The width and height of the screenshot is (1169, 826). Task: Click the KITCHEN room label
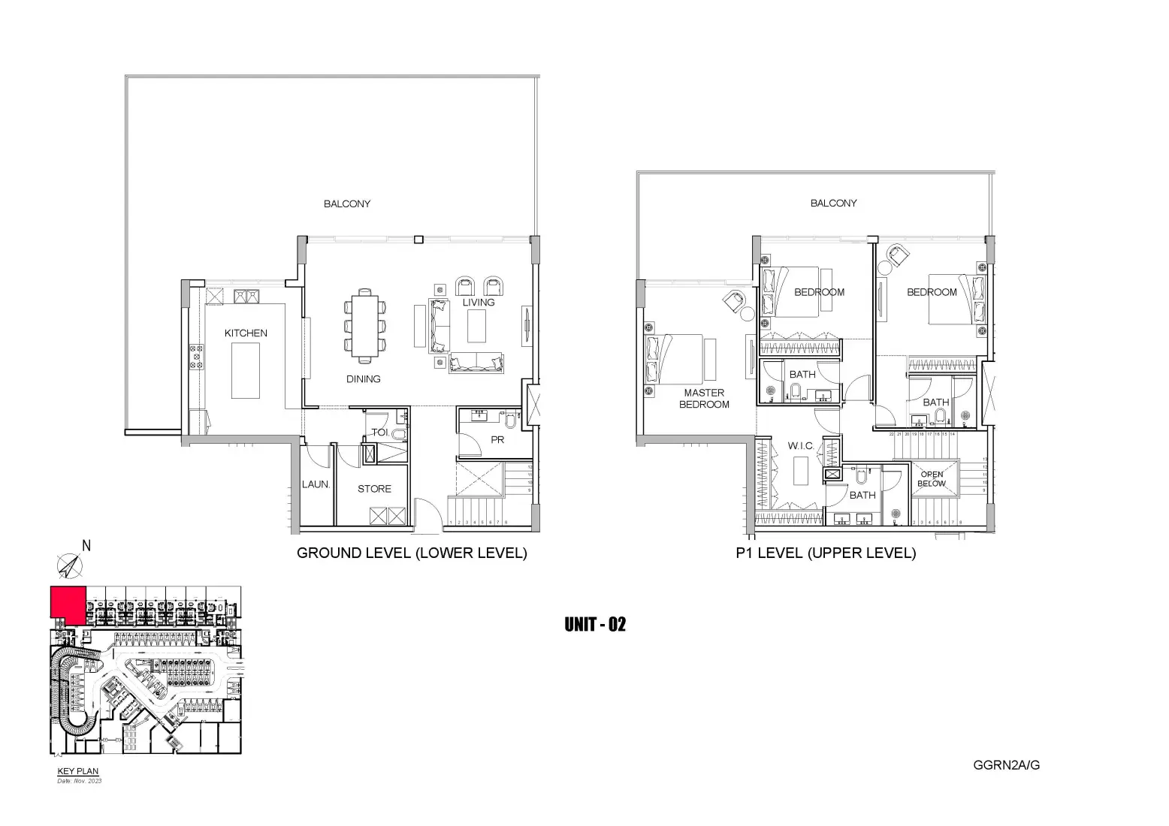pyautogui.click(x=246, y=333)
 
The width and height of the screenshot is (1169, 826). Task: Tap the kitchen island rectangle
pyautogui.click(x=246, y=370)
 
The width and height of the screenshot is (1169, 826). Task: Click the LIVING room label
pyautogui.click(x=479, y=302)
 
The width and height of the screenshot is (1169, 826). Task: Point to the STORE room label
pyautogui.click(x=374, y=489)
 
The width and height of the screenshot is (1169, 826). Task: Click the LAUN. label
pyautogui.click(x=316, y=484)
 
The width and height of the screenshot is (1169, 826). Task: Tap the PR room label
pyautogui.click(x=497, y=440)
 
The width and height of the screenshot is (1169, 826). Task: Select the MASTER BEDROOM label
pyautogui.click(x=704, y=399)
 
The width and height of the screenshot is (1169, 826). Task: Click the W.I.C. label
pyautogui.click(x=801, y=446)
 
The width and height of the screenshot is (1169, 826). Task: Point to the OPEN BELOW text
pyautogui.click(x=932, y=479)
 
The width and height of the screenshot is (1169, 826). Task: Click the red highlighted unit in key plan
pyautogui.click(x=66, y=603)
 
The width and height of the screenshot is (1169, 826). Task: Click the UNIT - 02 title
pyautogui.click(x=594, y=625)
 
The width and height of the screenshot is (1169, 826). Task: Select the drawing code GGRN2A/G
pyautogui.click(x=1006, y=765)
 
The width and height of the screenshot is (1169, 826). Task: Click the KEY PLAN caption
pyautogui.click(x=78, y=771)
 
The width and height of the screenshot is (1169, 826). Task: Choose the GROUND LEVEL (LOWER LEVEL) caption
pyautogui.click(x=412, y=553)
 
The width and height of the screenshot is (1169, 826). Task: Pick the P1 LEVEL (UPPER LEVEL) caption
pyautogui.click(x=826, y=553)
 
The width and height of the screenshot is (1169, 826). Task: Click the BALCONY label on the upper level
pyautogui.click(x=833, y=203)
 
